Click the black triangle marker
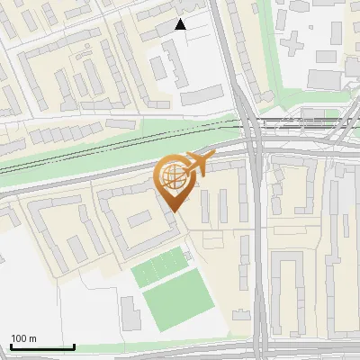[181, 24]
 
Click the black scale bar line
[42, 347]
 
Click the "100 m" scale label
[23, 338]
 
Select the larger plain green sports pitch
[180, 304]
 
